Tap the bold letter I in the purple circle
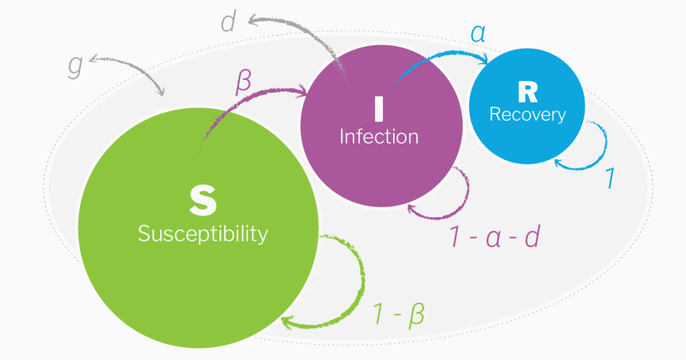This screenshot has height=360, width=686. (x=379, y=108)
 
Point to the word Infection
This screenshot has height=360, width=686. (x=379, y=136)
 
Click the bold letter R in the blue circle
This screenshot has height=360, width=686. (x=527, y=93)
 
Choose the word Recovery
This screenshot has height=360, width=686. (x=527, y=114)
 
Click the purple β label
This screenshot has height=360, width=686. (x=243, y=83)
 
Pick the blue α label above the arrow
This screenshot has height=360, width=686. (x=478, y=33)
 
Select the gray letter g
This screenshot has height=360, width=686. (x=76, y=66)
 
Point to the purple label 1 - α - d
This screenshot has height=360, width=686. (x=495, y=236)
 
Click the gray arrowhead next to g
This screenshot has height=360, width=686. (x=95, y=60)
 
